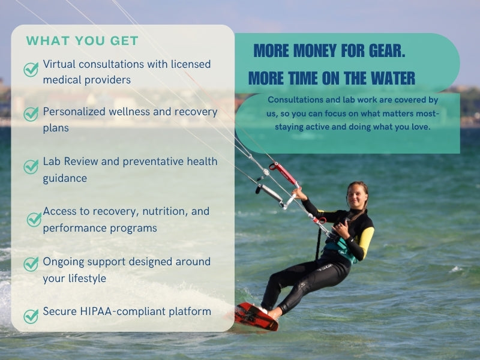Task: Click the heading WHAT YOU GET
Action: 82,41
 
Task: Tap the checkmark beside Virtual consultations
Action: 31,70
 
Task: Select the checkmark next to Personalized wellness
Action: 31,114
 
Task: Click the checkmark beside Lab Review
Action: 31,167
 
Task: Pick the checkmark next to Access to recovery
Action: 34,220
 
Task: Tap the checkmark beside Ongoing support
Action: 31,264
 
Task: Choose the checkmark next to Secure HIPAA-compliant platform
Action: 31,317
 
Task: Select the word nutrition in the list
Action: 166,212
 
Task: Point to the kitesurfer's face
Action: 356,197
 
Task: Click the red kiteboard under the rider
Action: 257,317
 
